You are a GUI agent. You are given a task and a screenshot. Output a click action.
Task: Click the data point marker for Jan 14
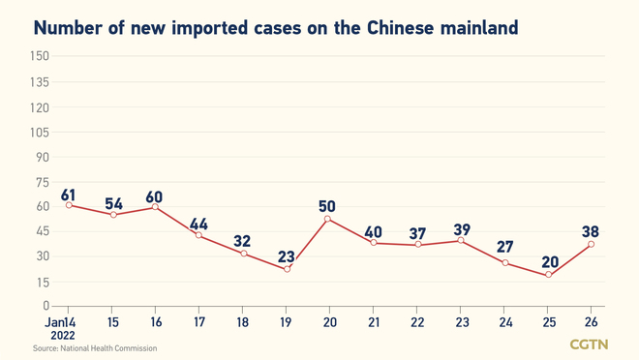[x=69, y=205]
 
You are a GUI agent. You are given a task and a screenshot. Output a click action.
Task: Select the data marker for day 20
[x=328, y=220]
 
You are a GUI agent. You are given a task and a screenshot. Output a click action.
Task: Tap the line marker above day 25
[x=548, y=275]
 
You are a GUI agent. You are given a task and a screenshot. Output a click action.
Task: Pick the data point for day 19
[x=287, y=269]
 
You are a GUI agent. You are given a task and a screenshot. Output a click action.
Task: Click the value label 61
[x=69, y=194]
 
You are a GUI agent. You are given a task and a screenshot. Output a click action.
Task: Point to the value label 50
[x=328, y=206]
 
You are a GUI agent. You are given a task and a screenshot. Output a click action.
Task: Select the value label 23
[x=287, y=256]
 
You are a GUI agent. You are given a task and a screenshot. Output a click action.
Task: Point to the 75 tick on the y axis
[x=42, y=181]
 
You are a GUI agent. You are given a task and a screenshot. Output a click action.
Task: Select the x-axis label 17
[x=198, y=321]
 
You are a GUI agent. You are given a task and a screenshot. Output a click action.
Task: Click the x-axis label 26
[x=592, y=321]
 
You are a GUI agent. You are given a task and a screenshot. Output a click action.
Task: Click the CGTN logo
[x=589, y=345]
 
